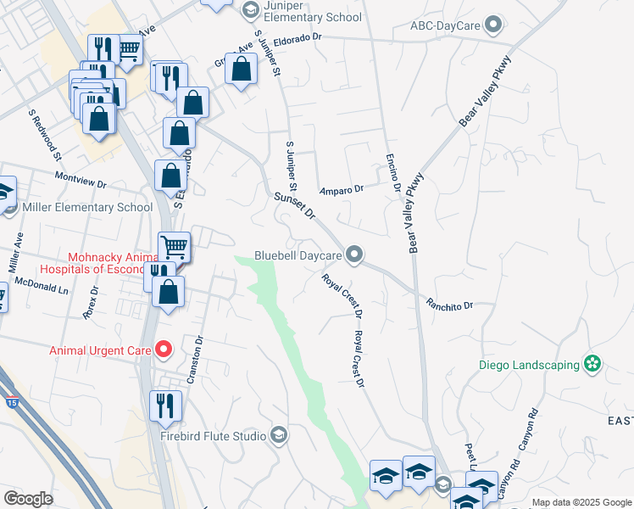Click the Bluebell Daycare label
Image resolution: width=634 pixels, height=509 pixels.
click(x=298, y=255)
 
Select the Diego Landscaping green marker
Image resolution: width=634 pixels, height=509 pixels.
click(x=592, y=365)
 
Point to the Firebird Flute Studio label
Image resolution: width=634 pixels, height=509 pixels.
click(x=213, y=437)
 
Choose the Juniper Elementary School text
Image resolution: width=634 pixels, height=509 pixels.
click(x=302, y=17)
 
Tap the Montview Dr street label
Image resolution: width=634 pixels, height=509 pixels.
click(x=80, y=182)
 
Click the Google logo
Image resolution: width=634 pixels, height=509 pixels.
click(x=28, y=499)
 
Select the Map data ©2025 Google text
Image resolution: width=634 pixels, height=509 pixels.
click(x=581, y=502)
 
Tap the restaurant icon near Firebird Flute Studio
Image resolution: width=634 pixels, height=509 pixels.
click(x=165, y=406)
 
